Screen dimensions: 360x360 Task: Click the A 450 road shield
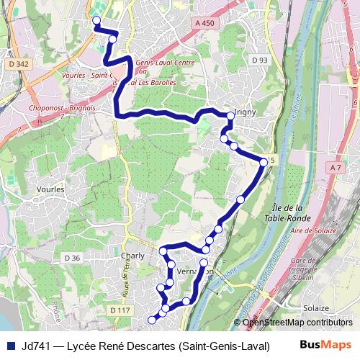(x=205, y=24)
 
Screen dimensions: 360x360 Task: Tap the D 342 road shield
(x=21, y=64)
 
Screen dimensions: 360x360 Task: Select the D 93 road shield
(x=261, y=60)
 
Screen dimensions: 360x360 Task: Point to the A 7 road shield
(x=334, y=167)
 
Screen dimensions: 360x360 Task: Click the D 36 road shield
(x=71, y=257)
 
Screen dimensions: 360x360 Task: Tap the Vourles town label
(x=50, y=189)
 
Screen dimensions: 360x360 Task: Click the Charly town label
(x=134, y=256)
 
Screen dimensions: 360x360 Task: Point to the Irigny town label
(x=246, y=113)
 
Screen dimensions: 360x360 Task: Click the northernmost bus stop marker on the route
(x=96, y=20)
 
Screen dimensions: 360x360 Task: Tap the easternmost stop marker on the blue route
(x=264, y=163)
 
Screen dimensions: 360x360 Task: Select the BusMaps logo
(x=325, y=345)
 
